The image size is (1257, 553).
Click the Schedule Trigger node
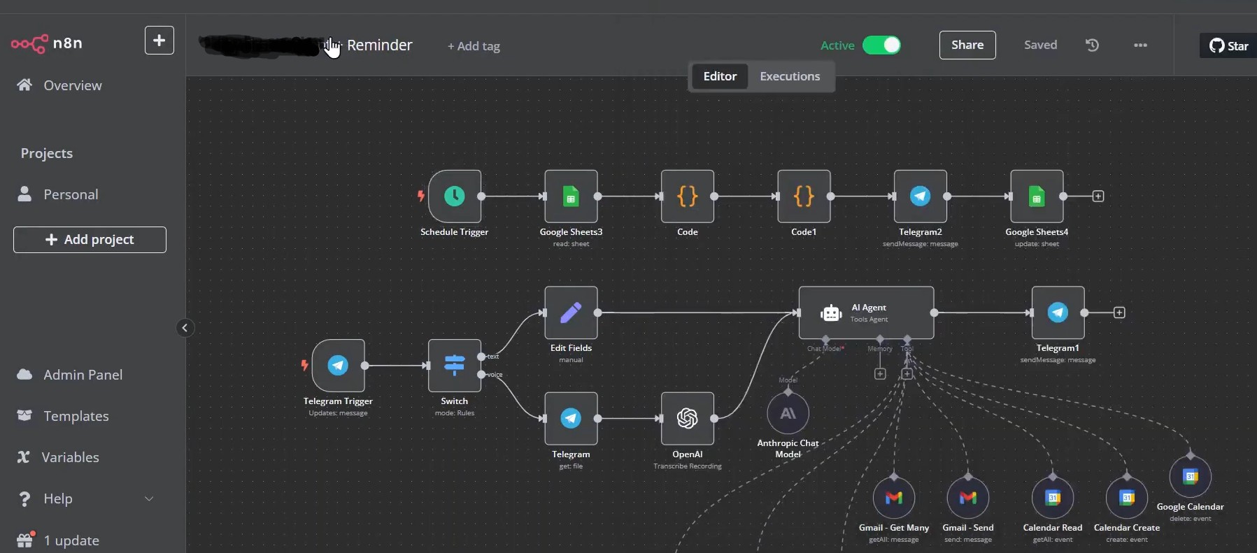[x=455, y=196]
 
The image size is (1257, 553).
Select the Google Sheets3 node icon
[x=571, y=196]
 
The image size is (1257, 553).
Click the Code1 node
[x=804, y=196]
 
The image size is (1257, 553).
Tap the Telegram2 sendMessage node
[x=920, y=196]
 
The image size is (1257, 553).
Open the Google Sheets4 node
[x=1037, y=196]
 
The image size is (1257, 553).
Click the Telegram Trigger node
[x=338, y=365]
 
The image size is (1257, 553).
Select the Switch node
[x=455, y=365]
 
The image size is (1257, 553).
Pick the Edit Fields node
[x=571, y=313]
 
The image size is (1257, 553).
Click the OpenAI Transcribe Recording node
[x=687, y=418]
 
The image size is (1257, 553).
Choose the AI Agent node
[x=866, y=313]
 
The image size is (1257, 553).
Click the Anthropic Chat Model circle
[x=788, y=414]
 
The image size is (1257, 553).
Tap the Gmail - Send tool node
[x=967, y=498]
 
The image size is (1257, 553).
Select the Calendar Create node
[x=1126, y=498]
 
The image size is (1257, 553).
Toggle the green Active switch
[x=881, y=45]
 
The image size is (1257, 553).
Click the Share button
[x=967, y=45]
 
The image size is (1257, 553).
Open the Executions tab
[x=790, y=76]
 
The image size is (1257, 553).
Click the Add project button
[x=90, y=240]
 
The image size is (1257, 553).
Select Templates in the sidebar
[x=76, y=416]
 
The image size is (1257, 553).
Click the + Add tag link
[x=474, y=46]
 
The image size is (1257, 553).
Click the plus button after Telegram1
[x=1119, y=313]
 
